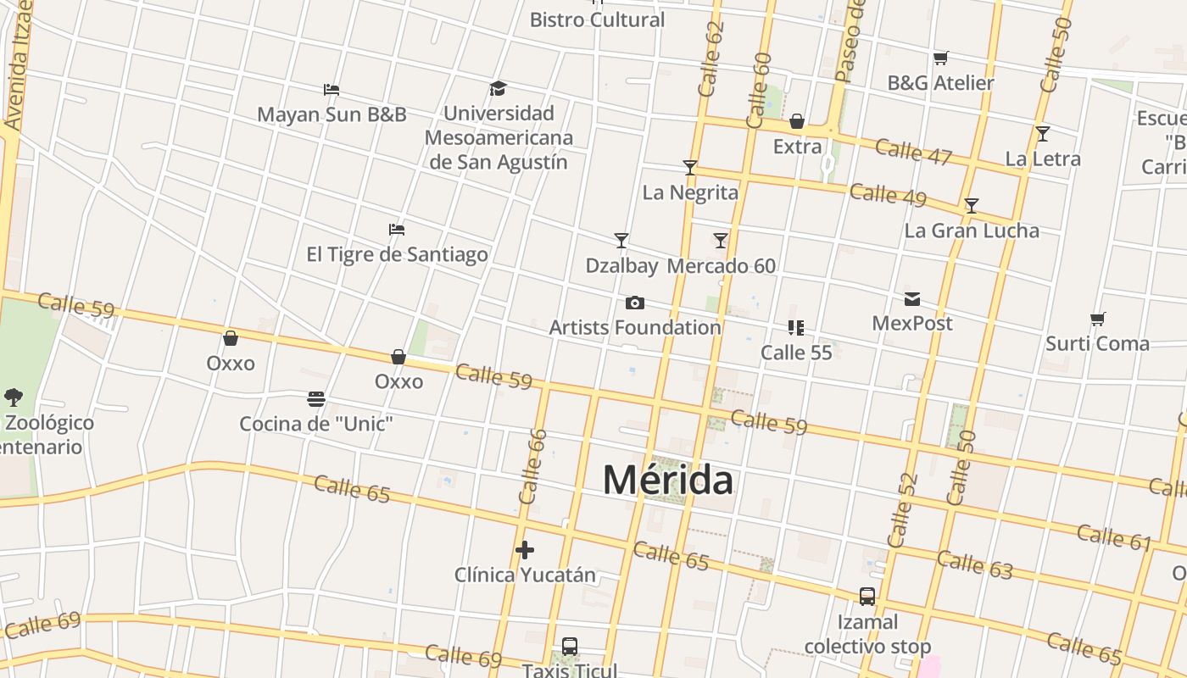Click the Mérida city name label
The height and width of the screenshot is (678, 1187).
(668, 480)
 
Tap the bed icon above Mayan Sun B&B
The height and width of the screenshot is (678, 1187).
(332, 89)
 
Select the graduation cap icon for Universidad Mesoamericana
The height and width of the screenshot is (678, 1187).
(498, 88)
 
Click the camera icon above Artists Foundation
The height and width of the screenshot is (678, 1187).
(634, 303)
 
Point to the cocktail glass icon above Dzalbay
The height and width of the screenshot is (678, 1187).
(621, 241)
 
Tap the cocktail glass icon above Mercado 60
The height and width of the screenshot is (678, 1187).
(721, 241)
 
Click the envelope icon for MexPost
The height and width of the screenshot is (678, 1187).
(912, 298)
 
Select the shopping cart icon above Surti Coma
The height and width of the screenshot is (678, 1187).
(1097, 319)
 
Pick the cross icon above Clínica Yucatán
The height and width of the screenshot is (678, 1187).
(525, 550)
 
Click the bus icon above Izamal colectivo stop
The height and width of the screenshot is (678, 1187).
(867, 597)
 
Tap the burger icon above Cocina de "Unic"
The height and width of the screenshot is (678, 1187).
(316, 398)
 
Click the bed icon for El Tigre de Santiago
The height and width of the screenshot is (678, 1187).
(396, 229)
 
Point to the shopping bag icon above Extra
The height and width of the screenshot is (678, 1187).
(797, 122)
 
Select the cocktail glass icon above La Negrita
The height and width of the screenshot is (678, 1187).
(690, 168)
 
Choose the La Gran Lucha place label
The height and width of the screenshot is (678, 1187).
(972, 231)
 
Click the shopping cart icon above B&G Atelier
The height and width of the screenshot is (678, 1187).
(940, 58)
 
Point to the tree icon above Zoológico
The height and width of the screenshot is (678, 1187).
(13, 397)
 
